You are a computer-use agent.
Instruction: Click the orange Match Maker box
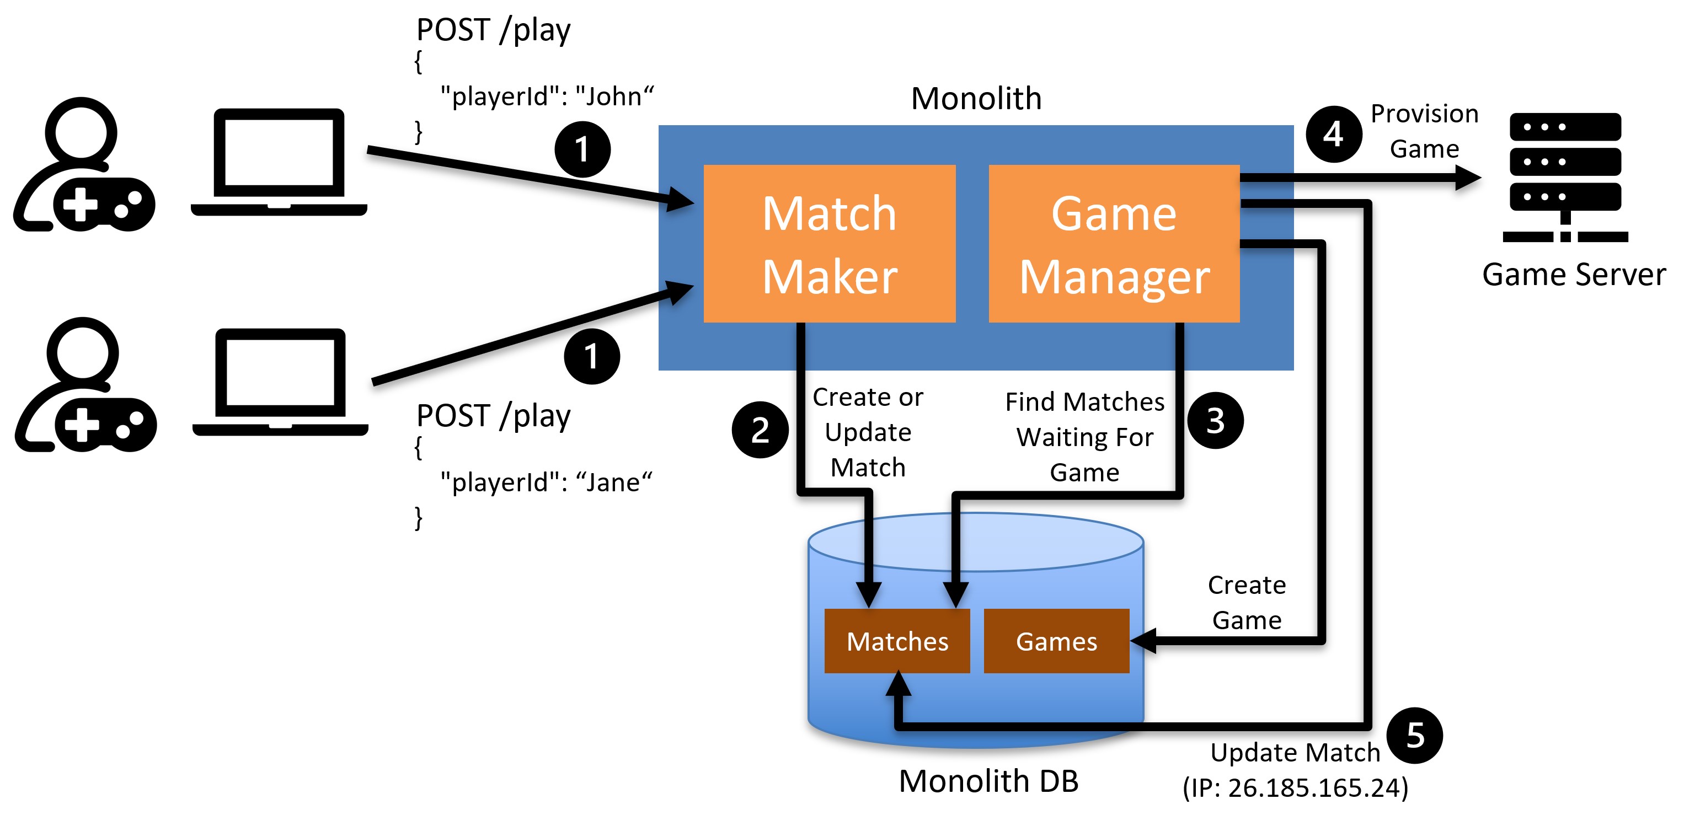click(829, 243)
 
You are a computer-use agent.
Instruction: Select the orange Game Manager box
click(1114, 243)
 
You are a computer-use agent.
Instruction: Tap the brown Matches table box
click(897, 641)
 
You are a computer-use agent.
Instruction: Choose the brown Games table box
click(1056, 641)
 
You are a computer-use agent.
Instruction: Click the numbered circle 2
click(760, 430)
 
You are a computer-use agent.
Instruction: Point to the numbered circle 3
click(1215, 420)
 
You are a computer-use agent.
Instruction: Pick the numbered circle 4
click(1334, 134)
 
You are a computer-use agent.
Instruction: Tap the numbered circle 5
click(1415, 735)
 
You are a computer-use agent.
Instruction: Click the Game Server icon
click(1565, 177)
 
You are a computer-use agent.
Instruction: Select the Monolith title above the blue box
click(976, 99)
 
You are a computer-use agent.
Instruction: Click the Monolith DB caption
click(988, 781)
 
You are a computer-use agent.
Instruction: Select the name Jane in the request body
click(613, 483)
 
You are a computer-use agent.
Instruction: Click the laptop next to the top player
click(279, 162)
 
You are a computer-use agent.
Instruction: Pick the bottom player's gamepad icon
click(106, 425)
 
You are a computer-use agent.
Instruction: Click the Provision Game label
click(1424, 131)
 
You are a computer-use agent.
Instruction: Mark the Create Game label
click(1247, 603)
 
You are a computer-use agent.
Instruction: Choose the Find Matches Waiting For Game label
click(1084, 437)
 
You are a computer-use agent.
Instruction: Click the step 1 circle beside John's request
click(582, 149)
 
